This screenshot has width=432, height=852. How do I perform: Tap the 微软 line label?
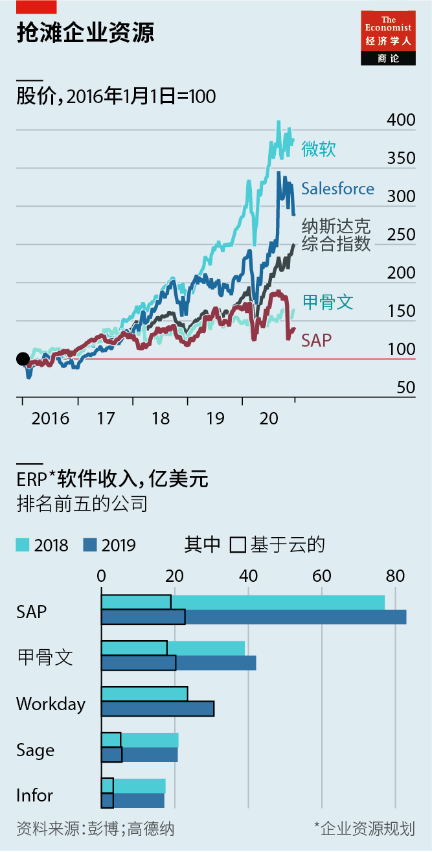pos(318,149)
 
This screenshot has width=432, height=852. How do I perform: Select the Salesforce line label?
pos(337,189)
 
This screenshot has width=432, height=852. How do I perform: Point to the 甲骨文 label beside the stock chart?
pos(328,301)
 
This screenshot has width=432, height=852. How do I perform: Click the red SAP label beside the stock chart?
pos(317,339)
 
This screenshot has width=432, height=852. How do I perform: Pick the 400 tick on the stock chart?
pos(401,120)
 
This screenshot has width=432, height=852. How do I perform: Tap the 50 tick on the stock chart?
pos(405,387)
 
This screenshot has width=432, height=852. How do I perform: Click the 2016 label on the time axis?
pos(50,419)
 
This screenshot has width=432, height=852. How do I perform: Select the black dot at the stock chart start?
pos(23,359)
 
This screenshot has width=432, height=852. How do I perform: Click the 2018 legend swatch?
pos(23,545)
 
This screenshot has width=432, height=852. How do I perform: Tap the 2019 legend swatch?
pos(90,545)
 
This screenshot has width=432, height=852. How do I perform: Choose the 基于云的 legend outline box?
pos(238,545)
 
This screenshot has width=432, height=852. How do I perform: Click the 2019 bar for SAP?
pos(253,617)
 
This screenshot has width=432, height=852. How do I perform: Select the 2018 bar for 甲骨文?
pos(173,648)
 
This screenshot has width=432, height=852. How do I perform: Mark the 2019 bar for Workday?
pos(157,709)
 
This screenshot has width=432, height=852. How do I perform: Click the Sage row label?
pos(36,750)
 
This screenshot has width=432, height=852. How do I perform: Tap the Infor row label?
pos(34,795)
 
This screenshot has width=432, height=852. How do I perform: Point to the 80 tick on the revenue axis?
pos(395,576)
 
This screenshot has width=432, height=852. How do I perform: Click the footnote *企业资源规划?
pos(364,828)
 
